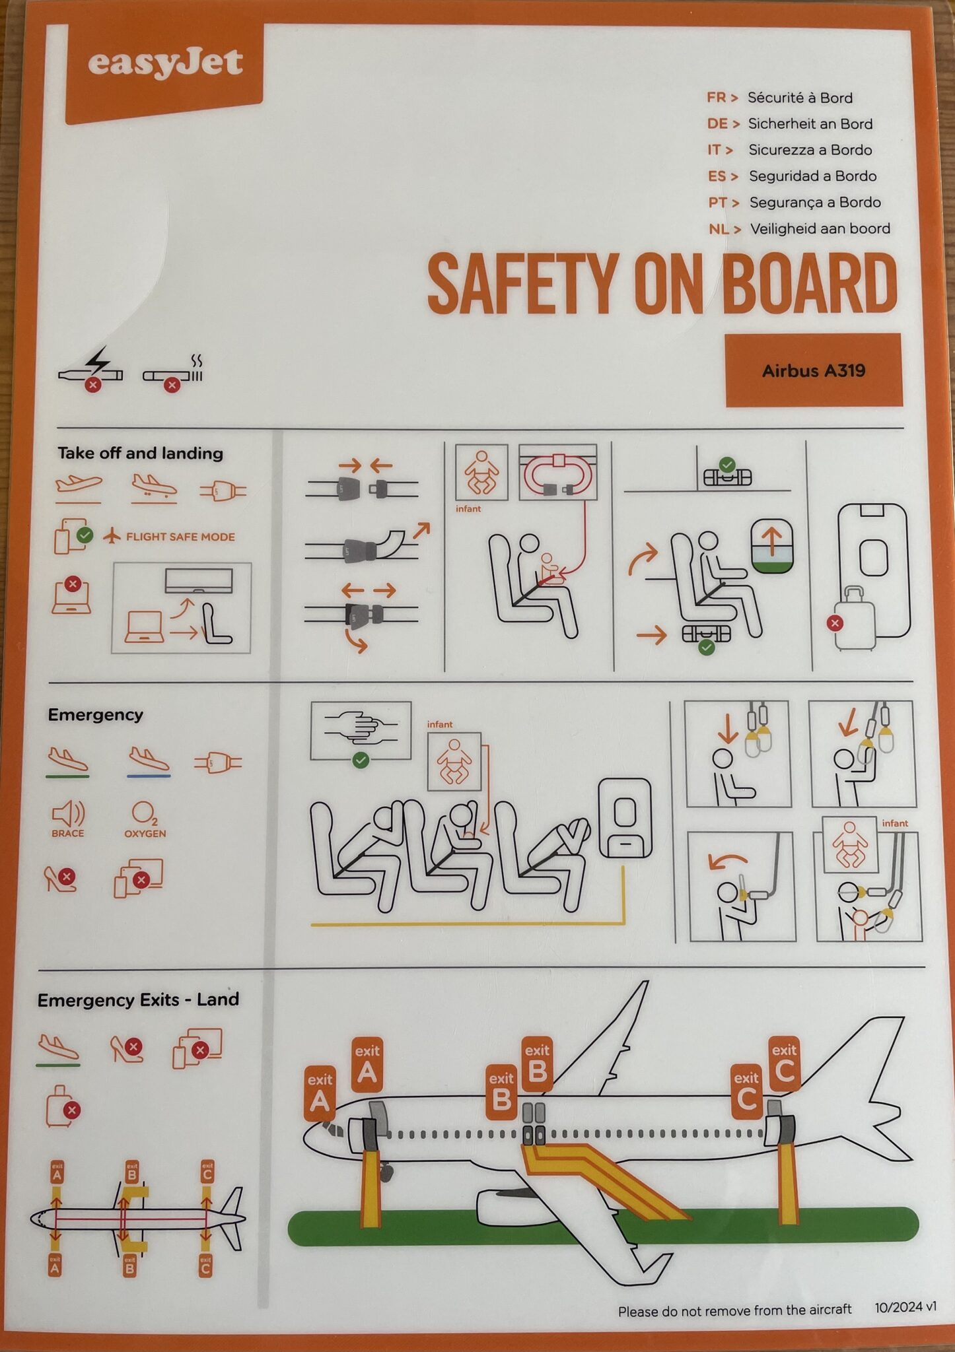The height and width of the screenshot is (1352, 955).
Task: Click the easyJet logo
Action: pyautogui.click(x=165, y=65)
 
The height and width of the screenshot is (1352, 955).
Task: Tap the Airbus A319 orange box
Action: pyautogui.click(x=814, y=370)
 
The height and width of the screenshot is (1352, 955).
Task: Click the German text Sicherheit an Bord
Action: pyautogui.click(x=810, y=123)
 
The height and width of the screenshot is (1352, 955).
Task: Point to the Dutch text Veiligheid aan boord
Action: pyautogui.click(x=820, y=228)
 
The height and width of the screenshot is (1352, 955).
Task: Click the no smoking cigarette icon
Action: pyautogui.click(x=173, y=374)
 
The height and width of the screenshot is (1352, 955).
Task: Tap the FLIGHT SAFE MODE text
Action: pyautogui.click(x=180, y=537)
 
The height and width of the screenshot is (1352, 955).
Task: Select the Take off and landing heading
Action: pyautogui.click(x=140, y=453)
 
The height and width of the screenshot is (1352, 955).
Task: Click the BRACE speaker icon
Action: pyautogui.click(x=68, y=813)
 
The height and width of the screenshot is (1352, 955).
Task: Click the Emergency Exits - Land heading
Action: pyautogui.click(x=138, y=999)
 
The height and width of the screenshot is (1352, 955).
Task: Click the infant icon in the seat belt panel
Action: pyautogui.click(x=481, y=473)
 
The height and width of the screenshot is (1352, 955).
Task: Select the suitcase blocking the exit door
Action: pyautogui.click(x=855, y=617)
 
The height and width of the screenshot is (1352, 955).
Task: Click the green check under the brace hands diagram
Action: pyautogui.click(x=361, y=760)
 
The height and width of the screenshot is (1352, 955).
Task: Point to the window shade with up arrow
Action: pyautogui.click(x=772, y=546)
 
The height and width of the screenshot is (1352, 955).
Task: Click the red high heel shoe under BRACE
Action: pyautogui.click(x=59, y=879)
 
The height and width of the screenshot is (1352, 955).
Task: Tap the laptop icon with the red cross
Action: pyautogui.click(x=71, y=595)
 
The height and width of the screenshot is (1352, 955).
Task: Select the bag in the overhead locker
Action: pyautogui.click(x=727, y=475)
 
